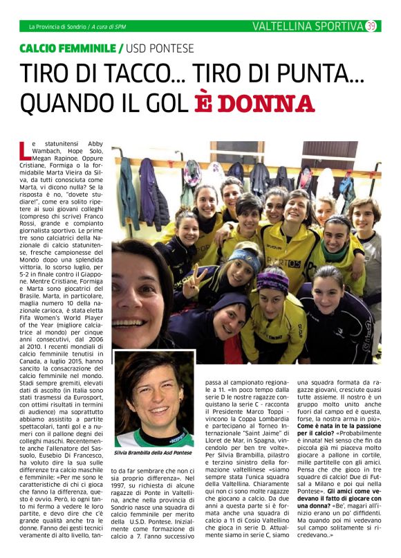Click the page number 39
tap(371, 26)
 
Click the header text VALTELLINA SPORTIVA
tap(308, 26)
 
